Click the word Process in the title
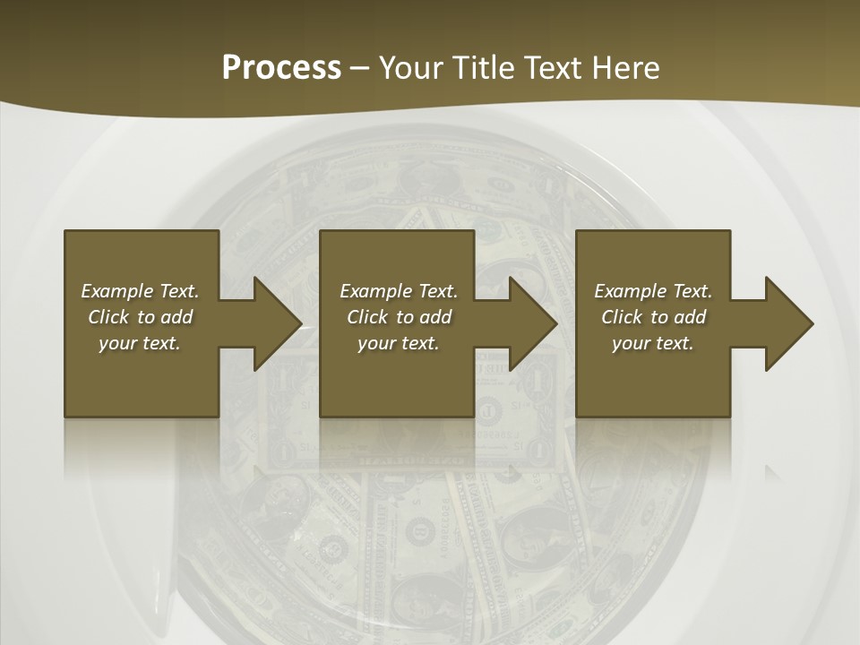pyautogui.click(x=281, y=68)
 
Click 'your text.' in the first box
pyautogui.click(x=140, y=343)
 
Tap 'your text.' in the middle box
pyautogui.click(x=399, y=343)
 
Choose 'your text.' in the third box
pyautogui.click(x=653, y=343)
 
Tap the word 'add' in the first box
pyautogui.click(x=176, y=317)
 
